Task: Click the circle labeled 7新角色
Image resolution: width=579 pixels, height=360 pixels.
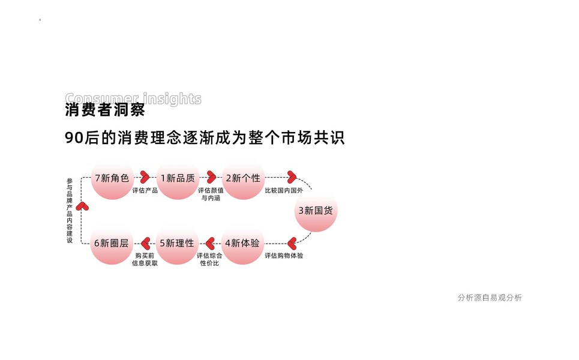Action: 112,178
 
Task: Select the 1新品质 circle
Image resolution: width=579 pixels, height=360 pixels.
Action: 178,178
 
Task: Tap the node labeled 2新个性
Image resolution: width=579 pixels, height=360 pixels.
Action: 243,178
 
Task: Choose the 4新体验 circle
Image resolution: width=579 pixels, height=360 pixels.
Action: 243,244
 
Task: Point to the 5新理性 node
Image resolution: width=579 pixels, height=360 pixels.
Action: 178,244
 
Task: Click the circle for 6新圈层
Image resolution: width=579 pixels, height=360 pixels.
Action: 112,244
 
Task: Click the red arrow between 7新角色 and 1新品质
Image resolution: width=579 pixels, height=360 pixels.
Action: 145,177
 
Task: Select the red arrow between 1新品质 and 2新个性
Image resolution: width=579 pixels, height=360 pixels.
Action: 211,177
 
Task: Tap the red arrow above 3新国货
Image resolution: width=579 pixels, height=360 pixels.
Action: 292,177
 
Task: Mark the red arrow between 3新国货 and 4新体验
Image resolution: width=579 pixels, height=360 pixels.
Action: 292,243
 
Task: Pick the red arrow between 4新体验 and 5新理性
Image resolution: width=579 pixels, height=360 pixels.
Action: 210,243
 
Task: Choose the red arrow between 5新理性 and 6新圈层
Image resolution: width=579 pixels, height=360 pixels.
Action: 145,243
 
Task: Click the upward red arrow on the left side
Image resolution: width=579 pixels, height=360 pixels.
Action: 83,206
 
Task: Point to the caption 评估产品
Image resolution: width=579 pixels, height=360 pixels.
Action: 145,191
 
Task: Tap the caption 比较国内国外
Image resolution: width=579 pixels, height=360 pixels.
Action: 284,191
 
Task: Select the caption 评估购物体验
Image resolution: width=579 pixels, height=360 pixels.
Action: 284,256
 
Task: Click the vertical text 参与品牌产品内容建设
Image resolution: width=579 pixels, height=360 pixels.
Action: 70,210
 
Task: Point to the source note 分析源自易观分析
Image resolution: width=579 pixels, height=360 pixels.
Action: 489,298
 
